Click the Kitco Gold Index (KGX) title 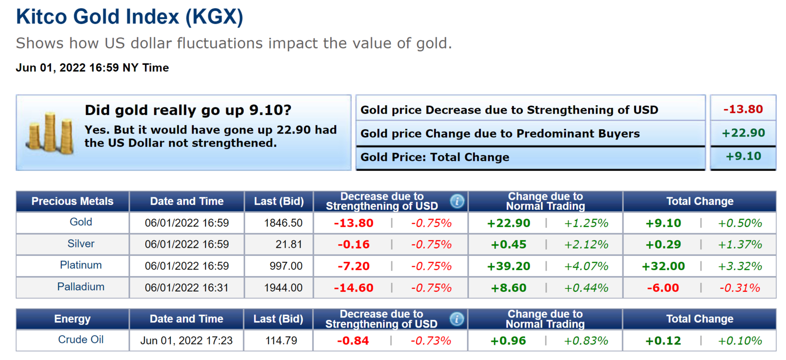tap(129, 17)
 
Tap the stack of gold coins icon tap(50, 133)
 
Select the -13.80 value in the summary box tap(743, 109)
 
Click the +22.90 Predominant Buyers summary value tap(743, 133)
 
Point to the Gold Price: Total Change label tap(435, 157)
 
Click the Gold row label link tap(81, 222)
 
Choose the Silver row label tap(81, 244)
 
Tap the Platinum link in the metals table tap(81, 265)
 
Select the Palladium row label tap(81, 287)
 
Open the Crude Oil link tap(81, 340)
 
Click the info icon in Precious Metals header tap(457, 201)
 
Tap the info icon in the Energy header tap(456, 319)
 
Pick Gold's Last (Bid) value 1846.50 tap(283, 223)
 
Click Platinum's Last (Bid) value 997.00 tap(286, 266)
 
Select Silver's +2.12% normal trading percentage tap(586, 245)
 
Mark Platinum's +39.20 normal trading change tap(508, 266)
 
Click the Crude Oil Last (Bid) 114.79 tap(281, 341)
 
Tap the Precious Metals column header tap(72, 201)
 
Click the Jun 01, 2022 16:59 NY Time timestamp tap(92, 68)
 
